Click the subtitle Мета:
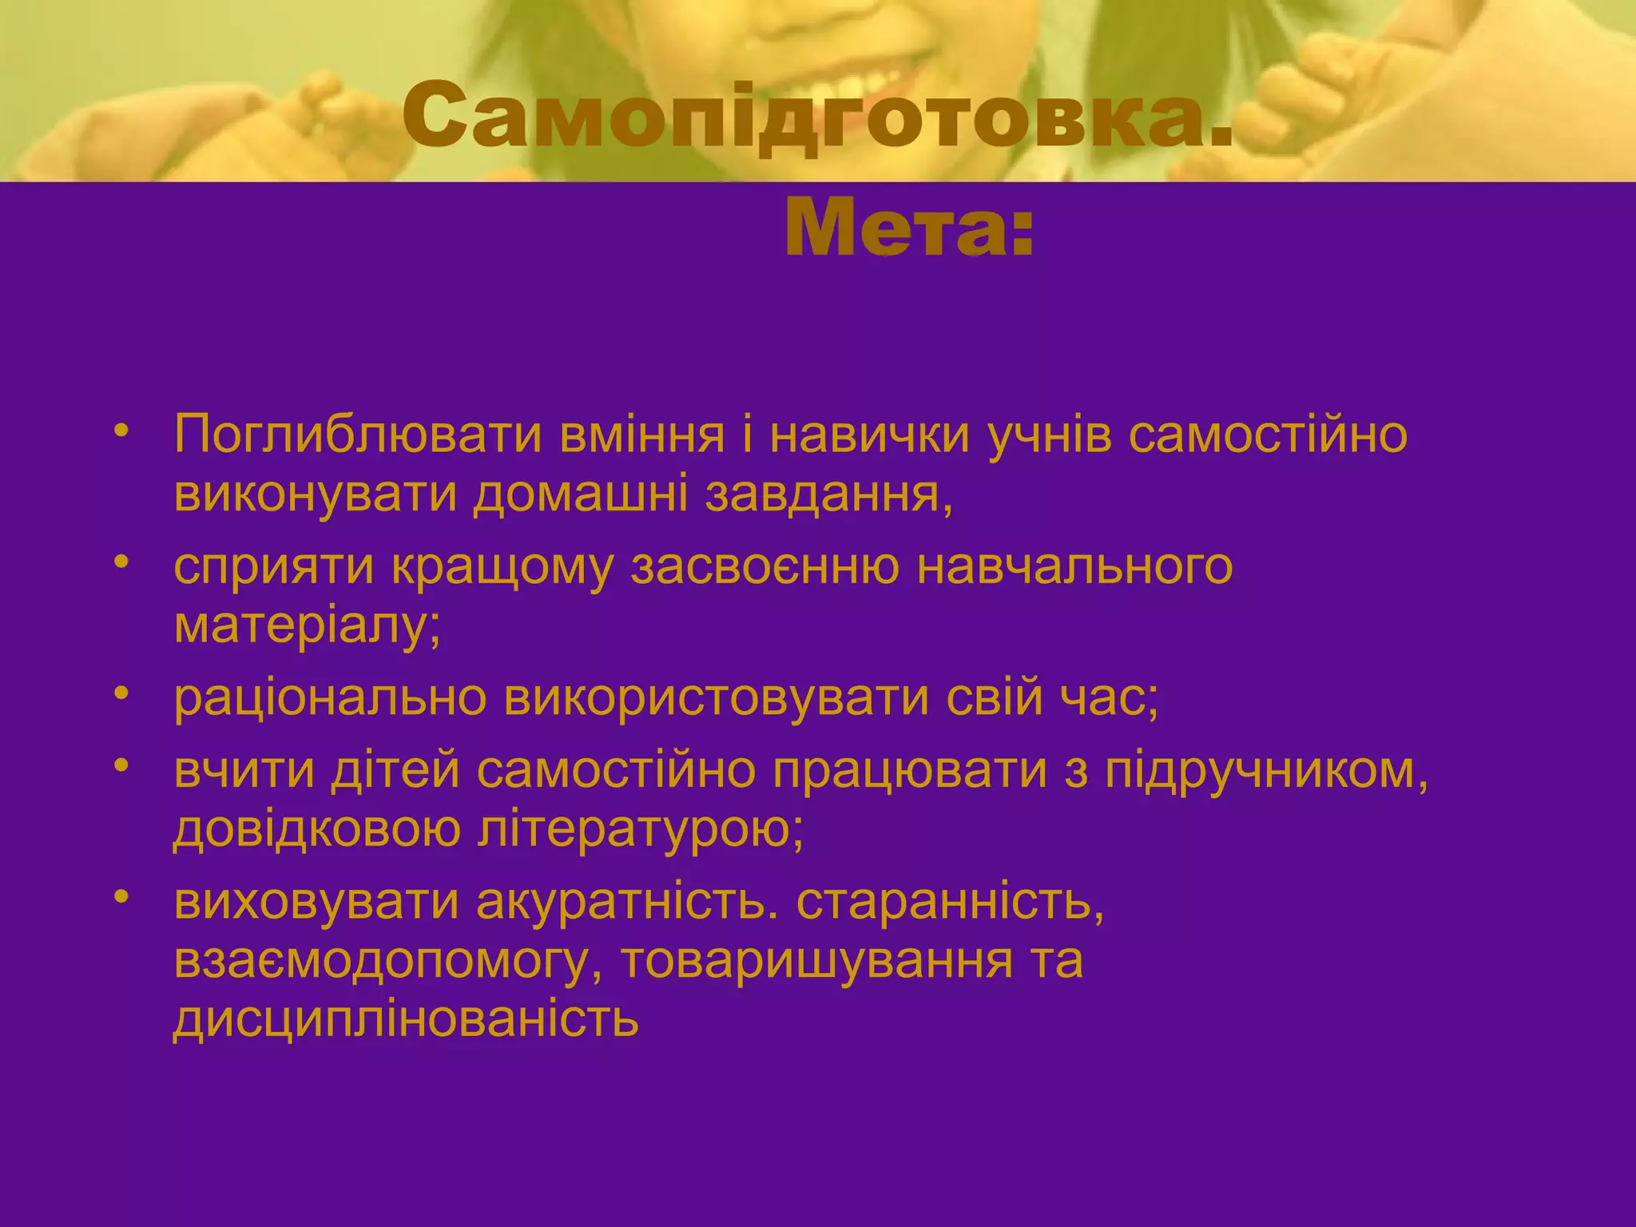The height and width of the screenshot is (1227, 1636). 909,228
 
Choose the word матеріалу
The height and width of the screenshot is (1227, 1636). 307,626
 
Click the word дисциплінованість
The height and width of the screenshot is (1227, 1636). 406,1019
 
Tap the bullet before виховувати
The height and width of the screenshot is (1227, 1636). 121,898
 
